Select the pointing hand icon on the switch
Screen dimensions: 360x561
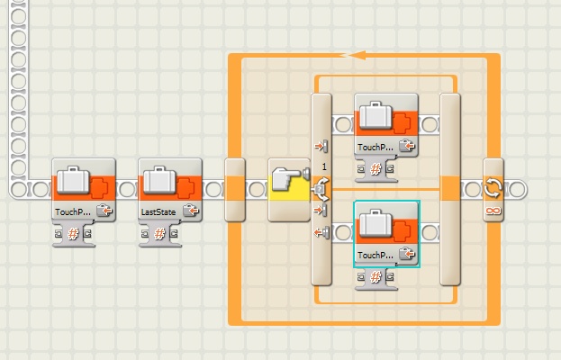click(288, 185)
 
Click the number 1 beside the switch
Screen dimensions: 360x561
click(323, 167)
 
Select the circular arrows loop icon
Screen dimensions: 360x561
click(493, 188)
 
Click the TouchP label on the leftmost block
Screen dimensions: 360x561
click(71, 211)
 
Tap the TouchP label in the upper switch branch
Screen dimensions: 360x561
click(374, 146)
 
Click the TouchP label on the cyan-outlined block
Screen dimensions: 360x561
click(374, 255)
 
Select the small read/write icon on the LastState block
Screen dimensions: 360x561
click(191, 211)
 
